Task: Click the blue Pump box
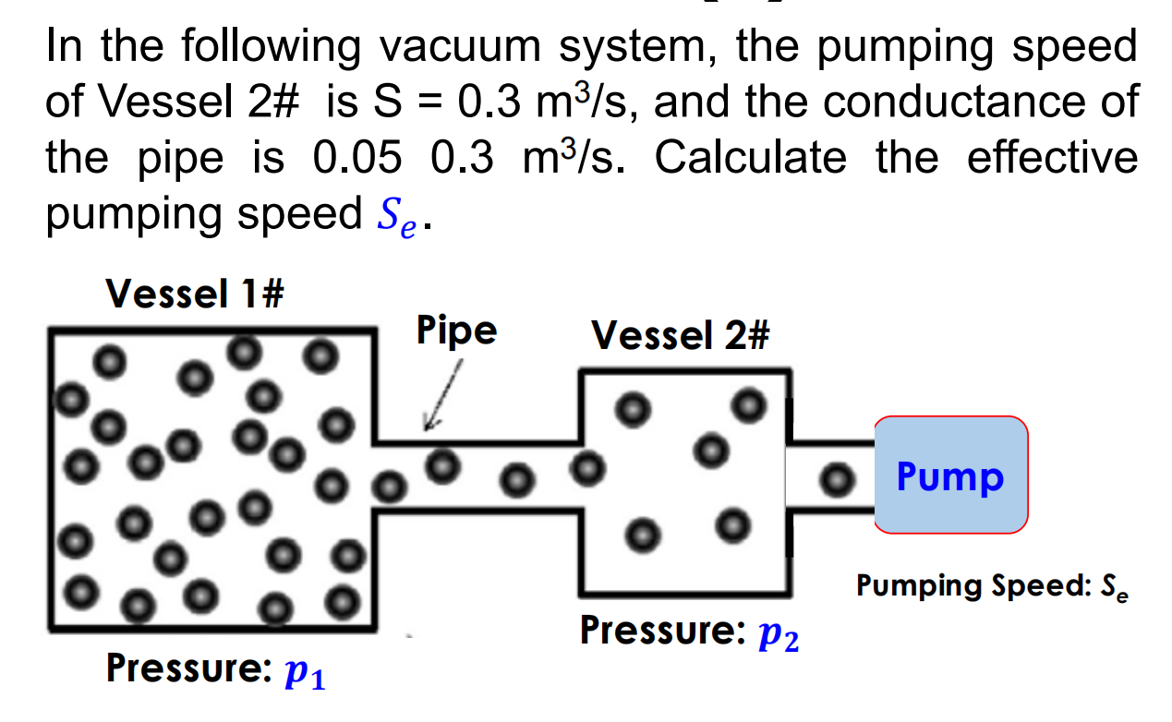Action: (x=950, y=475)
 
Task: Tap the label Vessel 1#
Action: (x=195, y=295)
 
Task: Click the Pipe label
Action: (x=456, y=330)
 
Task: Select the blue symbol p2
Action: (x=778, y=636)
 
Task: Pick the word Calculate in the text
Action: (x=750, y=158)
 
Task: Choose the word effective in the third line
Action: (x=1052, y=158)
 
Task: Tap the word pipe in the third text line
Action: (x=181, y=158)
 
